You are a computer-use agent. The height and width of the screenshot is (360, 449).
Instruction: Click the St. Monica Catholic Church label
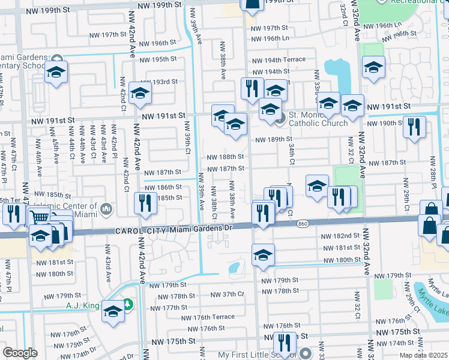[x=318, y=119]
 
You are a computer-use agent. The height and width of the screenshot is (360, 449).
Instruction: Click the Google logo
[x=20, y=353]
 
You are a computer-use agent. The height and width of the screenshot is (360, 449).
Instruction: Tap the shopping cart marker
[x=39, y=217]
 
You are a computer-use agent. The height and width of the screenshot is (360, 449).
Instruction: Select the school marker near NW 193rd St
[x=140, y=93]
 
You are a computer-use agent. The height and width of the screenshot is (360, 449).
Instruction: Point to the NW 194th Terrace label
[x=279, y=60]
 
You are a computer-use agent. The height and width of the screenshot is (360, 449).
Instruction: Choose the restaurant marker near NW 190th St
[x=414, y=127]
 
